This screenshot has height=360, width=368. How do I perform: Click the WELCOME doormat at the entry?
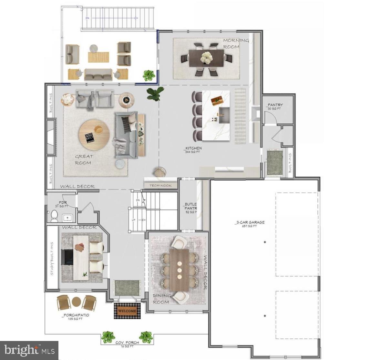click(x=127, y=311)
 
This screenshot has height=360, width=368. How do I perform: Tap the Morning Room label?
click(x=236, y=43)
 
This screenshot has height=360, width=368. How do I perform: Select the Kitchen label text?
click(x=194, y=149)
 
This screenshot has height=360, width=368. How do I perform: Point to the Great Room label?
click(x=84, y=159)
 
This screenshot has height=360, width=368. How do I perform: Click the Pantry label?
click(x=275, y=106)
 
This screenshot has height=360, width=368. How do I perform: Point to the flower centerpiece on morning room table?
click(x=207, y=57)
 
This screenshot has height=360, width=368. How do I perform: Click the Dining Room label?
click(x=162, y=299)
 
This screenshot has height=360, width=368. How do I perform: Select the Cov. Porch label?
click(x=127, y=344)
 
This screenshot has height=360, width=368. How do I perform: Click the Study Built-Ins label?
click(x=52, y=259)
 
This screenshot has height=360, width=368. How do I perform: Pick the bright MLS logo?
click(x=29, y=350)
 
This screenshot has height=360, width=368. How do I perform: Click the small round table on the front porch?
click(x=76, y=302)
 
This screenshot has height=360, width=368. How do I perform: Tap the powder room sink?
click(x=68, y=217)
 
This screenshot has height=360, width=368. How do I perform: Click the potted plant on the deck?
click(x=148, y=75)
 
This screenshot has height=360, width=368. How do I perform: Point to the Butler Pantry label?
click(x=191, y=208)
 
